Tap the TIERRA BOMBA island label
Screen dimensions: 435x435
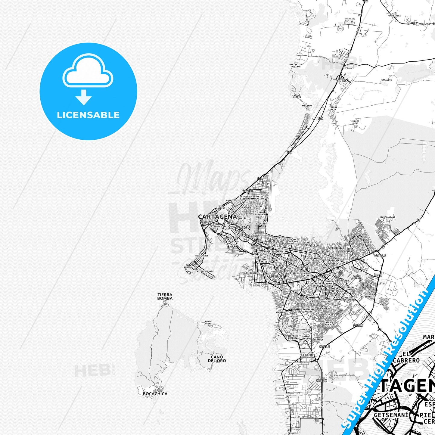click(165, 297)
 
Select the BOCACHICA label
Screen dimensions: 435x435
click(155, 393)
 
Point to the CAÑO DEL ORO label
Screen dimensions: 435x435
click(217, 359)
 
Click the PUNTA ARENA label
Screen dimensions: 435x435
click(208, 322)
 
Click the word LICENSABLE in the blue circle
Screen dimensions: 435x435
click(88, 115)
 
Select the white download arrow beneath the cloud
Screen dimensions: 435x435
click(84, 97)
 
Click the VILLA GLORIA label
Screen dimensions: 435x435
click(297, 96)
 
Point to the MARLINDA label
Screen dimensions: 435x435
click(307, 106)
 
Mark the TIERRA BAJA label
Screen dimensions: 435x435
click(333, 108)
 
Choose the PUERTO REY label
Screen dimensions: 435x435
click(355, 122)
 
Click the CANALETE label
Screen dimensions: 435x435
click(387, 80)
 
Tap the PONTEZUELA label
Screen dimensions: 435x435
click(394, 16)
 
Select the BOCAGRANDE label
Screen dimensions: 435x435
click(202, 256)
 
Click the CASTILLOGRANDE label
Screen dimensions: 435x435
click(204, 271)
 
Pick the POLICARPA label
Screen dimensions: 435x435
click(309, 355)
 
